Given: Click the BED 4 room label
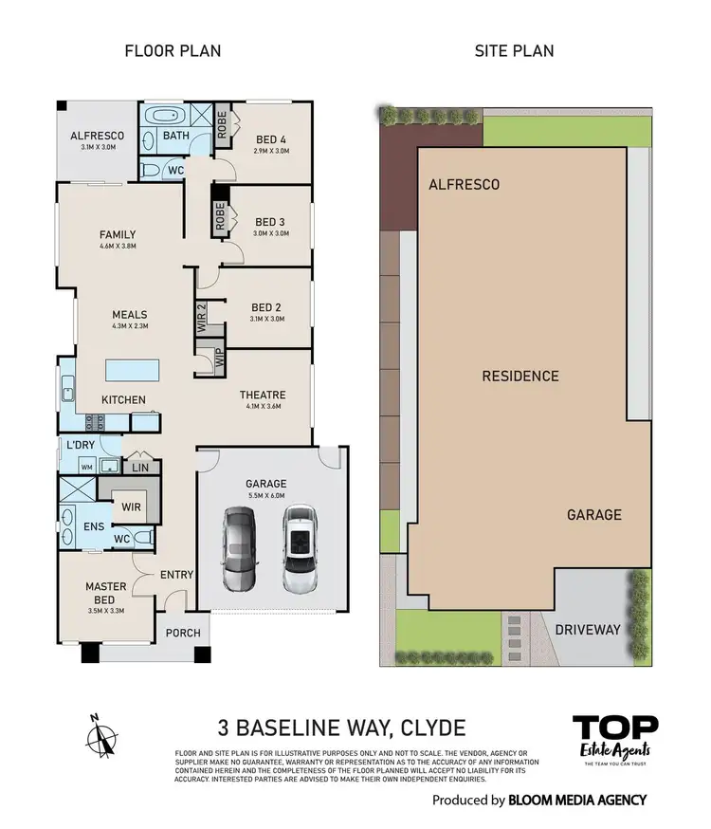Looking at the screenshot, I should point(270,140).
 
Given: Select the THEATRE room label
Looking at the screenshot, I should point(263,395).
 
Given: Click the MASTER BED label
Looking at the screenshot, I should point(105,593).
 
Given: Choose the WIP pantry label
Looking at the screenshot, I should point(203,361).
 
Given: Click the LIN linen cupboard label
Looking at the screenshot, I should point(140,467).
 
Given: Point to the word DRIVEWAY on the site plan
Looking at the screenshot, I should point(588,629).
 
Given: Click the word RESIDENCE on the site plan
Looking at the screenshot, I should point(520,376).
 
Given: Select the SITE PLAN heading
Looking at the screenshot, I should point(514,50).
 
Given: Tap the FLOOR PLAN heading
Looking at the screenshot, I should point(173,50).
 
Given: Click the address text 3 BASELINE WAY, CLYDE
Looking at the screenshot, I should point(342,728).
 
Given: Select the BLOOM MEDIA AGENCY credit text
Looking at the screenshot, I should point(577,800).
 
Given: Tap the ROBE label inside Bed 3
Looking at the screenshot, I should point(219,217).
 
